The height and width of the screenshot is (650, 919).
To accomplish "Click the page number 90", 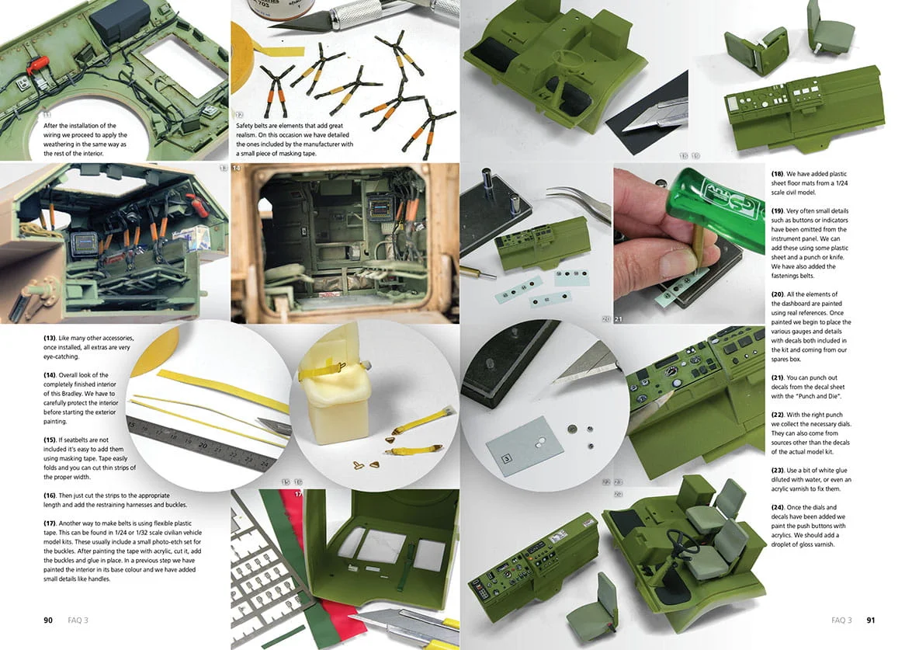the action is [48, 620].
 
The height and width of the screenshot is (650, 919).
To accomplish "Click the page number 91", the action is [871, 620].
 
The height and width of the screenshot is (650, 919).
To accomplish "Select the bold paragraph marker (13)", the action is [50, 338].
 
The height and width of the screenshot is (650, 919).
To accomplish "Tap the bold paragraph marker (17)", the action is [50, 523].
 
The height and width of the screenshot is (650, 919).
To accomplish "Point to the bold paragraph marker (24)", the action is [778, 507].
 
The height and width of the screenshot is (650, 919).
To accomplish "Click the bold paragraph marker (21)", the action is [778, 377].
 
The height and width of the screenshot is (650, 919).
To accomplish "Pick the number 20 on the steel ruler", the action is [203, 445].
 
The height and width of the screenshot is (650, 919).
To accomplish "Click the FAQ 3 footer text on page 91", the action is [841, 620].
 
